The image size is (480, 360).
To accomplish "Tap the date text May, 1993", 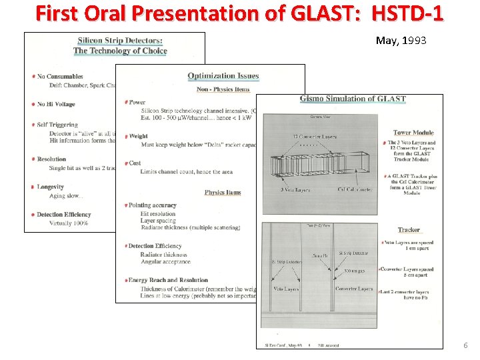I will pos(401,41).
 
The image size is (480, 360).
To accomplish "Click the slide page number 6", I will pos(465,345).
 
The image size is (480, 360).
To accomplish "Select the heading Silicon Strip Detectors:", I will pos(119,41).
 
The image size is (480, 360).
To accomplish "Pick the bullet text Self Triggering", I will pos(57,125).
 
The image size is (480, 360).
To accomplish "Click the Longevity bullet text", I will pos(51,187).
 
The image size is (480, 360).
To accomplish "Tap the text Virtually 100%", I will pos(69,223).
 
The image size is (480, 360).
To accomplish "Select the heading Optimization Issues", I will pos(223,76).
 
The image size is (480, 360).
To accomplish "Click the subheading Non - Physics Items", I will pos(223,89).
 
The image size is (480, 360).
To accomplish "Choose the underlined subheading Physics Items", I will pos(223,193).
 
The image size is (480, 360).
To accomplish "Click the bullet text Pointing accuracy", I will pos(153,205).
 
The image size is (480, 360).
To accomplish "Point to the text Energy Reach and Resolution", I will pos(168,280).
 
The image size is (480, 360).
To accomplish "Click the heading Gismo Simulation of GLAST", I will pos(353,99).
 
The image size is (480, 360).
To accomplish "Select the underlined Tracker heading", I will pos(409,230).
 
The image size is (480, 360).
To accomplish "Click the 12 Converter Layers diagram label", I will pos(315,137).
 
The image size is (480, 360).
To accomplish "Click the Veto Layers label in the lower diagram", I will pos(287,289).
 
